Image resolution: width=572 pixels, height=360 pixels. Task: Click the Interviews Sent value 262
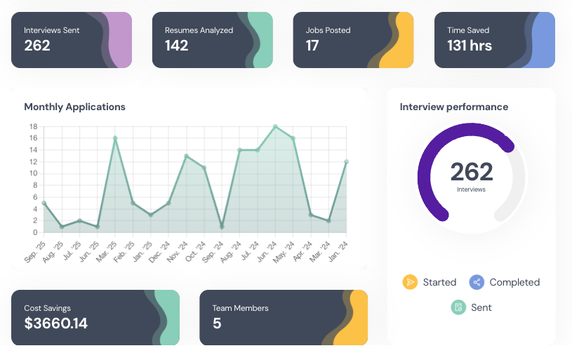click(x=37, y=46)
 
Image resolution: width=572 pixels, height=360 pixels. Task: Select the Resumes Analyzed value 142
click(x=177, y=46)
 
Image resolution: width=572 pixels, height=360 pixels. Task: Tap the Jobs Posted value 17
click(x=312, y=46)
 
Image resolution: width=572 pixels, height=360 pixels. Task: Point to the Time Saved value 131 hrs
click(x=470, y=46)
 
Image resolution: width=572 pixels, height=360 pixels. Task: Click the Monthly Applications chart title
click(x=74, y=107)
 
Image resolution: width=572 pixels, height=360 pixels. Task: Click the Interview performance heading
click(x=453, y=107)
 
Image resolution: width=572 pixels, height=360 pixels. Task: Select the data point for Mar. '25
click(x=115, y=138)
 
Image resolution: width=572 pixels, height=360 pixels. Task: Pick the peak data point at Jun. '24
click(x=275, y=126)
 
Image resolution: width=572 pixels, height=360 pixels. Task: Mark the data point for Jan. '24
click(x=346, y=161)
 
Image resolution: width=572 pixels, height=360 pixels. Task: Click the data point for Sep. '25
click(x=44, y=203)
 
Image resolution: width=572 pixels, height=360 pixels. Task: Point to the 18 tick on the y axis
click(x=33, y=126)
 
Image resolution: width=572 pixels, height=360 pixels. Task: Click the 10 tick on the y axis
click(x=33, y=173)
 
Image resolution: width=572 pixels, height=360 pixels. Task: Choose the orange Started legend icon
click(x=410, y=282)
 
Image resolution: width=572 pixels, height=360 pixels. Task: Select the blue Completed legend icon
click(x=477, y=282)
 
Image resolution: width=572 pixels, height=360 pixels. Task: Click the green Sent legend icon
click(x=458, y=307)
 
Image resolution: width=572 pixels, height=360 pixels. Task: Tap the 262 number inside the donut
click(x=471, y=172)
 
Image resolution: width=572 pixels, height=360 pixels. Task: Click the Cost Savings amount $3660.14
click(x=55, y=324)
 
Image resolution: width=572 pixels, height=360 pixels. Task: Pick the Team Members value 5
click(x=217, y=324)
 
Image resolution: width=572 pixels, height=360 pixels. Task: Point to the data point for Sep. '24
click(x=222, y=227)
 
